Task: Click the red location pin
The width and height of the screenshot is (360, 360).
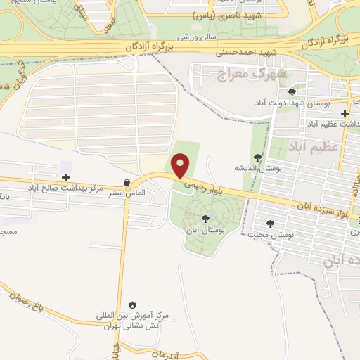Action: pyautogui.click(x=181, y=165)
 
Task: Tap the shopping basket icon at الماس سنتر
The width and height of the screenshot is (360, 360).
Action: pyautogui.click(x=127, y=182)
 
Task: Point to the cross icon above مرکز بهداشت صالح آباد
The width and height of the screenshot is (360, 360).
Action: pyautogui.click(x=65, y=177)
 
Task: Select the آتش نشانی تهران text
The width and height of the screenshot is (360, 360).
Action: pyautogui.click(x=136, y=326)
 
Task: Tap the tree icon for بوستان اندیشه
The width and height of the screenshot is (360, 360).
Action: pyautogui.click(x=257, y=157)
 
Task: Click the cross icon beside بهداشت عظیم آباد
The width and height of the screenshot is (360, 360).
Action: pyautogui.click(x=345, y=113)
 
